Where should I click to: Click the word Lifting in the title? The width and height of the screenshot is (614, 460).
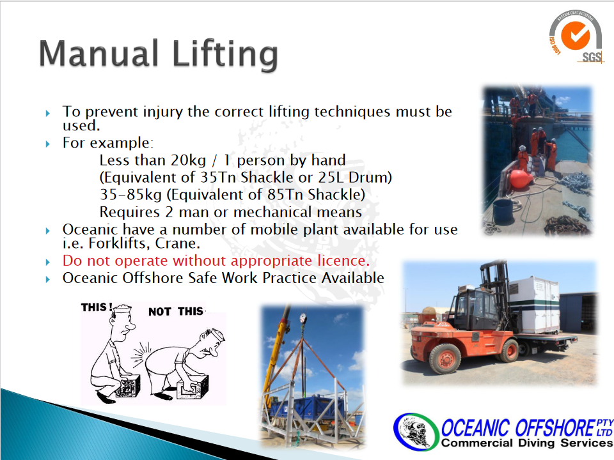[224, 55]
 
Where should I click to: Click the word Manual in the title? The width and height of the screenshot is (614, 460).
[98, 53]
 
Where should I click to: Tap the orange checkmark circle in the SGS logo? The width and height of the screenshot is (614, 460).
[575, 36]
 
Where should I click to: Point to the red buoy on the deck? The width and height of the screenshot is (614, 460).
[521, 179]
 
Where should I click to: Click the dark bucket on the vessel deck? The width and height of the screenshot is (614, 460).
[503, 212]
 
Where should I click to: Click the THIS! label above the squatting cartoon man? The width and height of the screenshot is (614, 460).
[97, 307]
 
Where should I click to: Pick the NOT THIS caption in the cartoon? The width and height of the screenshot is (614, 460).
[176, 311]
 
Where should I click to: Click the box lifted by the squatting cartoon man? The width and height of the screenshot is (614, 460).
[128, 387]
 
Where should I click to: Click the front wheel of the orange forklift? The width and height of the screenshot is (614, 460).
[445, 358]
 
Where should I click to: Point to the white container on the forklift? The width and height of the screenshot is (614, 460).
[534, 303]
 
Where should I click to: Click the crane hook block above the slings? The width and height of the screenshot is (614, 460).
[303, 319]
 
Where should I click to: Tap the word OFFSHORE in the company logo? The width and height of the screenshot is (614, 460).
[555, 427]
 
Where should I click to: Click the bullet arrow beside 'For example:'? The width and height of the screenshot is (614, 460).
[48, 144]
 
